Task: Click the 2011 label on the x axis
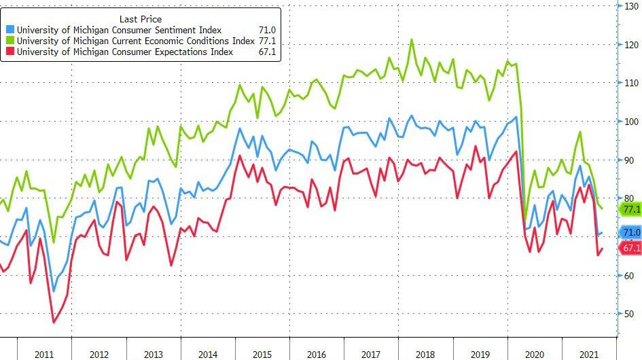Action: pos(44,354)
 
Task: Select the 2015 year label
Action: pos(262,354)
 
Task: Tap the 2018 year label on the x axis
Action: pos(426,354)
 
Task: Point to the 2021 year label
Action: pos(588,354)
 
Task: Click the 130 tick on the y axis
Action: pos(632,6)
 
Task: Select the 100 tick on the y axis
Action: pos(632,122)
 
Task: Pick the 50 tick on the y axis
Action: pos(632,314)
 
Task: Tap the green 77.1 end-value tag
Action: pos(631,209)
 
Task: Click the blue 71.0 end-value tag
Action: pos(631,233)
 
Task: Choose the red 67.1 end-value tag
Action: pos(631,248)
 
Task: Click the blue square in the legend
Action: pos(10,30)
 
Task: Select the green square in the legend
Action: pos(10,41)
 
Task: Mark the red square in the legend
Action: pos(10,52)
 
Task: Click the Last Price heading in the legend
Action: pos(140,19)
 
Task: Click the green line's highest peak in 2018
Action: pos(412,40)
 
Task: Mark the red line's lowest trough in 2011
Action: pos(54,322)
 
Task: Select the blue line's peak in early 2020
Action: pos(516,117)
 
